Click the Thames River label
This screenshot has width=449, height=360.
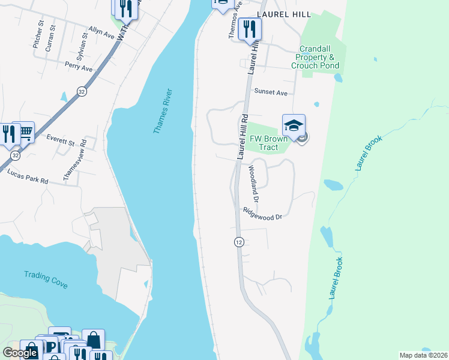[x=163, y=111]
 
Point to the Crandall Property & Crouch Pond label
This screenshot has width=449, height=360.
[x=315, y=57]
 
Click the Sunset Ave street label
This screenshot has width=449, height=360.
[x=271, y=92]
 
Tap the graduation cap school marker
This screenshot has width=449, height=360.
[x=294, y=125]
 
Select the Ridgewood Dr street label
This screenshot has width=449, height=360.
[x=262, y=214]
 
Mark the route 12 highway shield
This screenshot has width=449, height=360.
[x=239, y=241]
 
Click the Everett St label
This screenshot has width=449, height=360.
[x=60, y=143]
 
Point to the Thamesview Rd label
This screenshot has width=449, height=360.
[x=75, y=161]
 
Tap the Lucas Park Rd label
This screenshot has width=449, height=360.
[x=28, y=176]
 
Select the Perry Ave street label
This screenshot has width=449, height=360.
[x=79, y=66]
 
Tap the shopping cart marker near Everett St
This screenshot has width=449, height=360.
[x=25, y=131]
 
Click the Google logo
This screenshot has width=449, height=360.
[x=20, y=353]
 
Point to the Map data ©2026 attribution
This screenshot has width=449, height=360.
[x=423, y=355]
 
